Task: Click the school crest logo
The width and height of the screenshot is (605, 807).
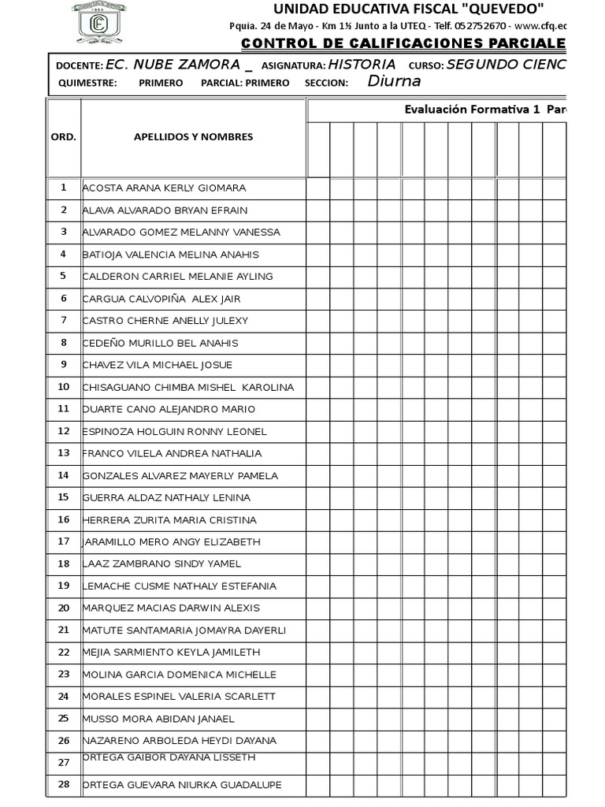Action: pyautogui.click(x=98, y=21)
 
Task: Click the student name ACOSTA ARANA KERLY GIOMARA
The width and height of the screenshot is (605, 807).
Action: pyautogui.click(x=164, y=188)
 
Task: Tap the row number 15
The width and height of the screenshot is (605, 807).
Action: pyautogui.click(x=64, y=497)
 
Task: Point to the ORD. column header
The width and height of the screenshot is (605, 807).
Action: pyautogui.click(x=63, y=137)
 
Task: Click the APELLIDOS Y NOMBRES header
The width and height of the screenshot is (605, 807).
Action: pyautogui.click(x=193, y=137)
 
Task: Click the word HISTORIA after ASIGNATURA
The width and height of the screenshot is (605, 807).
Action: pyautogui.click(x=362, y=65)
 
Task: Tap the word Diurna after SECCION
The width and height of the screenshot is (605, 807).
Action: pyautogui.click(x=394, y=81)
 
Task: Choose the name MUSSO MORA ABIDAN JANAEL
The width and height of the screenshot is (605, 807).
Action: pyautogui.click(x=158, y=719)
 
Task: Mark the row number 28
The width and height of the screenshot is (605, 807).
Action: pyautogui.click(x=64, y=784)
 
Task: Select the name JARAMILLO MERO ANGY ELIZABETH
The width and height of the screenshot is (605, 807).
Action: pyautogui.click(x=171, y=542)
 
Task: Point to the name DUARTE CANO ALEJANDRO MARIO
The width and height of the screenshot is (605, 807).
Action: pyautogui.click(x=169, y=410)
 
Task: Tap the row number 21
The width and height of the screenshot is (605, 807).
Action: pyautogui.click(x=64, y=630)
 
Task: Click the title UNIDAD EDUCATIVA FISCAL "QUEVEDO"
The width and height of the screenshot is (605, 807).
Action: pyautogui.click(x=408, y=9)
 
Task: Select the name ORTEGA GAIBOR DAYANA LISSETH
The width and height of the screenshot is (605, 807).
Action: pyautogui.click(x=169, y=757)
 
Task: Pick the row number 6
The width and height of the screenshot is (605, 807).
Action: pyautogui.click(x=64, y=299)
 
